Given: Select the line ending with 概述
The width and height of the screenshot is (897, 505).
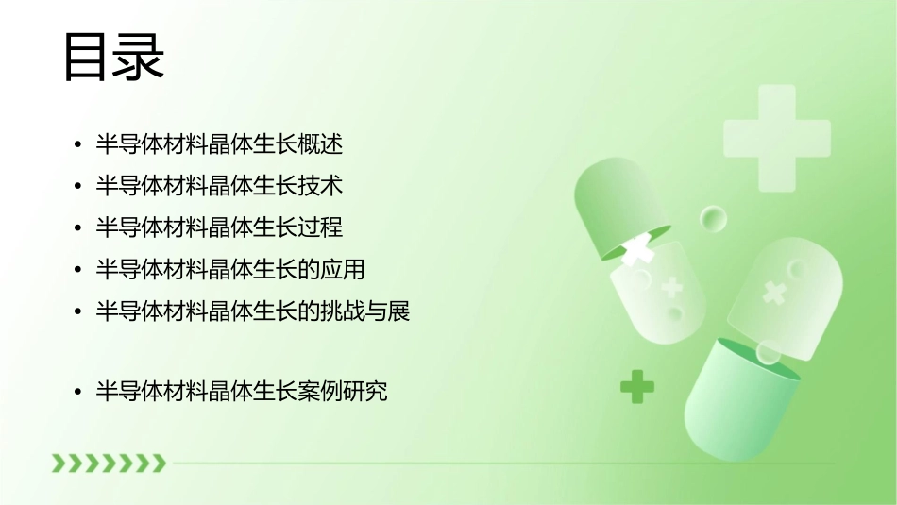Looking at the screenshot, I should coord(219,144).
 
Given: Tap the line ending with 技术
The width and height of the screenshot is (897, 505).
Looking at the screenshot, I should coord(219,186).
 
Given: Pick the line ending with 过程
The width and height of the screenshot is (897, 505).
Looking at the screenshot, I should coord(219,227).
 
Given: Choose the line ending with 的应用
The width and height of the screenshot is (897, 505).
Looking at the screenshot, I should coord(230,269).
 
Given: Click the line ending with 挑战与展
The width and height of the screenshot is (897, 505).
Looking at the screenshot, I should coord(253,311).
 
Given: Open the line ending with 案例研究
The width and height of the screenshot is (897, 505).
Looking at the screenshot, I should coord(242,391).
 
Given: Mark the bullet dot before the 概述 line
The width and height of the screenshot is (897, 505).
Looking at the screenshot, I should coord(76,145).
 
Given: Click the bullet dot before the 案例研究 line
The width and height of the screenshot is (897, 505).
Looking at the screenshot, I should coord(76,392).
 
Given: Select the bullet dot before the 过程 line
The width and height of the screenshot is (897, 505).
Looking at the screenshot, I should coord(76,228).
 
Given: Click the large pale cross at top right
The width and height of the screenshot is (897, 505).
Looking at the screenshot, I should coord(776,138).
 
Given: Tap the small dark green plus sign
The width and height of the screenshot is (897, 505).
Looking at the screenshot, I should coord(637,386).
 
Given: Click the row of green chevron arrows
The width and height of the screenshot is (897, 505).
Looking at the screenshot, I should coord(109,463).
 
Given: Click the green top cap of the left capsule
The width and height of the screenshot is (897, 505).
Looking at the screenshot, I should coord(614,208).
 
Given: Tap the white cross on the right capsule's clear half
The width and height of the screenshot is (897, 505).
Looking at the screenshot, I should coord(774,293).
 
